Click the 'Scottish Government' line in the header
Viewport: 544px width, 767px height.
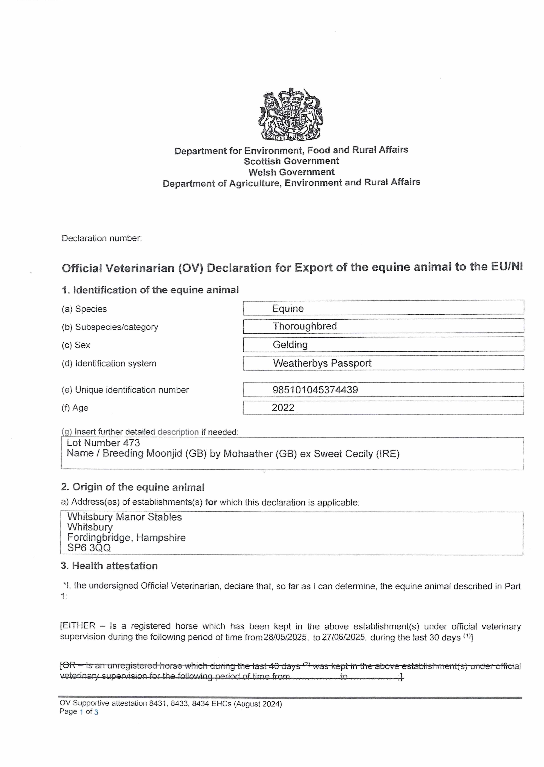291,161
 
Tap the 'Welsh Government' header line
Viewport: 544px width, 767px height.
291,172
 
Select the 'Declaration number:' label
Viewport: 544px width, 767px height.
101,238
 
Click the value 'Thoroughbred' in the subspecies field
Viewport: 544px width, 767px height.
304,326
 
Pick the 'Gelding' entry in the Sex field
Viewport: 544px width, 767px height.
290,345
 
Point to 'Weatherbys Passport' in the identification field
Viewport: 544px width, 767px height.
322,363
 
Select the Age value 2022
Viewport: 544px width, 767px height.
283,408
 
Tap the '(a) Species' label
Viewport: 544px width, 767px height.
84,309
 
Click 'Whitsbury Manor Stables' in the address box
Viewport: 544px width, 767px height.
124,517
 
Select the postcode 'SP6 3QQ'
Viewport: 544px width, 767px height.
89,548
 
